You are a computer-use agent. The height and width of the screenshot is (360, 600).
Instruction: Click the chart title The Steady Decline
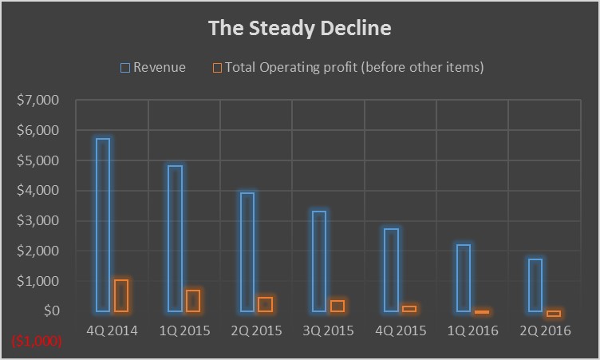pos(300,29)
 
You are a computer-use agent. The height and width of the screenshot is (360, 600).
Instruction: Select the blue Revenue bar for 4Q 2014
pos(103,225)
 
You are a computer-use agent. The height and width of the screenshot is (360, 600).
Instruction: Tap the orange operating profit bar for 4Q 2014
pos(121,295)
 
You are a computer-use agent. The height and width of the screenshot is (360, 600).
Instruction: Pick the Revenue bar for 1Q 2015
pos(175,239)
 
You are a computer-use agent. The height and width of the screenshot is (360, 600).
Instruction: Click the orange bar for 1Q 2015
pos(193,300)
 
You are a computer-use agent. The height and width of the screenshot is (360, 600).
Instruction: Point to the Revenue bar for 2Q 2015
pos(247,252)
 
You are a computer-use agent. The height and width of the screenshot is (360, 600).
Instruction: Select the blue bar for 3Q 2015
pos(319,261)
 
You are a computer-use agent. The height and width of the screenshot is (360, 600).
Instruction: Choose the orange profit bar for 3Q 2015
pos(337,306)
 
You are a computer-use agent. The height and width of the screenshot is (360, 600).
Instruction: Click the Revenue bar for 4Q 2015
pos(391,270)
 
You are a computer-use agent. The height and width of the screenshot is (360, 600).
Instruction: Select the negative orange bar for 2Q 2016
pos(554,314)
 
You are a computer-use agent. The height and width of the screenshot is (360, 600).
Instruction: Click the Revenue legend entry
pos(153,68)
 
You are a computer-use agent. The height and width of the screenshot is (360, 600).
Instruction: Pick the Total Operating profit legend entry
pos(348,68)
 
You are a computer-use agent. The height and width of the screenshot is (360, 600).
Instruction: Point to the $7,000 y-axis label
pos(37,101)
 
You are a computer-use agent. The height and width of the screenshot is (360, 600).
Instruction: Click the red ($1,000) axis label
pos(35,341)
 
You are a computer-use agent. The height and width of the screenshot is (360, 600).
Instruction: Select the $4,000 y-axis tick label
pos(37,191)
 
